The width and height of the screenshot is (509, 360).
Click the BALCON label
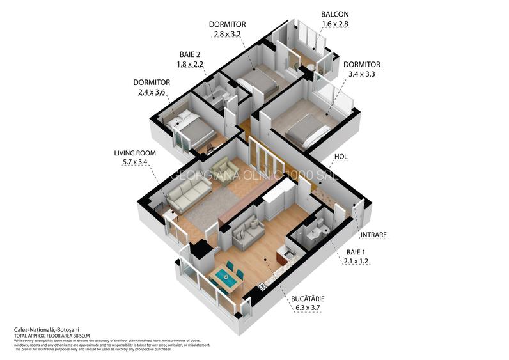pyautogui.click(x=335, y=14)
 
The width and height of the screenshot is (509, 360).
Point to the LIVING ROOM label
pyautogui.click(x=135, y=153)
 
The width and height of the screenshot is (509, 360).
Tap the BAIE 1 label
pyautogui.click(x=356, y=252)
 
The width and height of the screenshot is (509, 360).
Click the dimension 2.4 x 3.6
pyautogui.click(x=152, y=92)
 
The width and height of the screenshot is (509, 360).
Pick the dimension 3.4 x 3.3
pyautogui.click(x=362, y=74)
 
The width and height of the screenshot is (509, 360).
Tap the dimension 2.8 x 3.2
pyautogui.click(x=227, y=34)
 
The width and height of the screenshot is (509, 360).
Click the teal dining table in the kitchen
pyautogui.click(x=225, y=277)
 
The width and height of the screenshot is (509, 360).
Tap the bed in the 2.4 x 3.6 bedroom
pyautogui.click(x=194, y=127)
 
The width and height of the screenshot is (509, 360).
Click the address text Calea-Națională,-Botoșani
pyautogui.click(x=41, y=330)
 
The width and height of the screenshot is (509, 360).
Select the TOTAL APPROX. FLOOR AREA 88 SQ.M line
pyautogui.click(x=52, y=336)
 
